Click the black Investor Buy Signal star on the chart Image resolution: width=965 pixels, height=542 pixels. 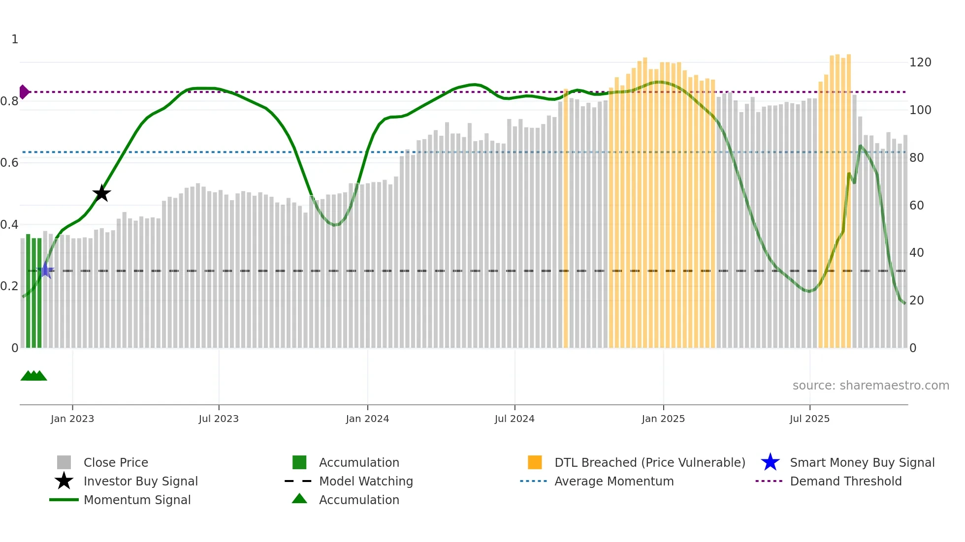tap(101, 193)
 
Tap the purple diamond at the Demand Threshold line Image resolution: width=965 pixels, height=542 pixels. tap(24, 92)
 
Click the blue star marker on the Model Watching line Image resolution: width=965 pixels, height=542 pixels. tap(46, 270)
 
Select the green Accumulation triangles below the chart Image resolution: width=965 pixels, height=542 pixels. tap(33, 376)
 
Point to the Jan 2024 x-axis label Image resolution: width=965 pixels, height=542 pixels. tap(367, 419)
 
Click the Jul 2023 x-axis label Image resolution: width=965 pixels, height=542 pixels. tap(219, 419)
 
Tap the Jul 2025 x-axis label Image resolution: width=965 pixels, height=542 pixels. tap(809, 419)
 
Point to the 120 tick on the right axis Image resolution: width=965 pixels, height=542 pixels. tap(920, 62)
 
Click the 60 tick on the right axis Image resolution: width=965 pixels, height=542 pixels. tap(916, 205)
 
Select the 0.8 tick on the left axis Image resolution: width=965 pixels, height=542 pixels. tap(9, 101)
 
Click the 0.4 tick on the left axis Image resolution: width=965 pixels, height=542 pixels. tap(9, 225)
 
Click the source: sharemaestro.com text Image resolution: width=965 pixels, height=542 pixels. tap(870, 386)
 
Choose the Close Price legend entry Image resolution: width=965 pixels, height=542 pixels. tap(116, 462)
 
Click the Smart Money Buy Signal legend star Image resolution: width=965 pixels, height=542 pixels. tap(770, 462)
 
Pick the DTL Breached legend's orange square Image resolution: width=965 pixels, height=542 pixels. tap(535, 462)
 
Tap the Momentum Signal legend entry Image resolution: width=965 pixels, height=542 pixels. tap(137, 500)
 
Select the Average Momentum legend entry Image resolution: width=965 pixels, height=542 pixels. tap(613, 481)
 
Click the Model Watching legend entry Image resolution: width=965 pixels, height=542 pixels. tap(365, 481)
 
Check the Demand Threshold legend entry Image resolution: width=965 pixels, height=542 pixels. tap(845, 481)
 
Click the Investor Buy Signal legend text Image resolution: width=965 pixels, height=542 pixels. tap(140, 481)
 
